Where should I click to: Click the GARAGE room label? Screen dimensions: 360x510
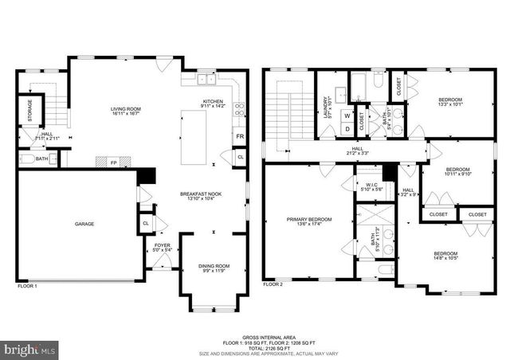point(84,224)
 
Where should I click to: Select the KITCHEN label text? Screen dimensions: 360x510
point(213,102)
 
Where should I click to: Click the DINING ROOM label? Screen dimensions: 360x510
point(214,266)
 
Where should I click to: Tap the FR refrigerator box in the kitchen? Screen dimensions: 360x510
point(240,137)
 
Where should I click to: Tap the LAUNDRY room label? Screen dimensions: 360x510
point(326,106)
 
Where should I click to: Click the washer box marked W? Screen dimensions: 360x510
point(347,115)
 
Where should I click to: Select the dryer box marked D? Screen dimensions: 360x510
point(347,128)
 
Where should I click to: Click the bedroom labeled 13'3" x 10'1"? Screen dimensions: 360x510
point(449,101)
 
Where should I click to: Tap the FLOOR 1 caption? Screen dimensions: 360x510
point(27,284)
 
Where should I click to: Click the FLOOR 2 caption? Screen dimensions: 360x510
point(274,284)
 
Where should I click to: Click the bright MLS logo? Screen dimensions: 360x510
point(30,349)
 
